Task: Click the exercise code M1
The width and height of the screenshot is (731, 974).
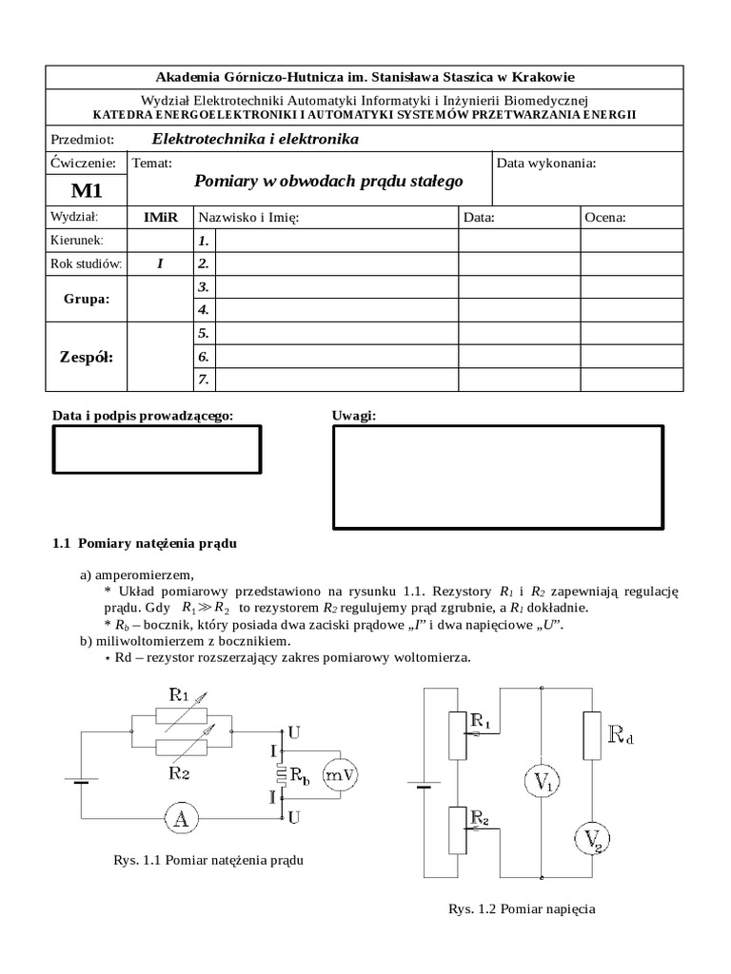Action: pyautogui.click(x=86, y=191)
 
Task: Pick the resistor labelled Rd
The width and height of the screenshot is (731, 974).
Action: pyautogui.click(x=593, y=735)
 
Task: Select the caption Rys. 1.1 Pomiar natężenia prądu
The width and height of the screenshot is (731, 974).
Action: pyautogui.click(x=208, y=860)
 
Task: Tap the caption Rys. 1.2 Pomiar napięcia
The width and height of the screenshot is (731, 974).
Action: pyautogui.click(x=522, y=908)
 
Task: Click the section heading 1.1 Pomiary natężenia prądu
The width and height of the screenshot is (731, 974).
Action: pyautogui.click(x=145, y=544)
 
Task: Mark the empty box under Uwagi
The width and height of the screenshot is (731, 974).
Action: pyautogui.click(x=497, y=477)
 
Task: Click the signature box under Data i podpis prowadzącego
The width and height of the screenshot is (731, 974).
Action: pyautogui.click(x=156, y=449)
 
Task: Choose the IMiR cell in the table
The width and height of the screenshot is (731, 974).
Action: pyautogui.click(x=160, y=218)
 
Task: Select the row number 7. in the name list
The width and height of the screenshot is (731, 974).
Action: pyautogui.click(x=203, y=380)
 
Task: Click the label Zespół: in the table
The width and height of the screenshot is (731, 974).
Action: pyautogui.click(x=86, y=358)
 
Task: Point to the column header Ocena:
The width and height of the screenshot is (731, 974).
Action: pyautogui.click(x=605, y=218)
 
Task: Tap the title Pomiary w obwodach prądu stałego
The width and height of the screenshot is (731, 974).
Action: pyautogui.click(x=328, y=181)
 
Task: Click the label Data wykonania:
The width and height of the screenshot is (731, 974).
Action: pyautogui.click(x=546, y=163)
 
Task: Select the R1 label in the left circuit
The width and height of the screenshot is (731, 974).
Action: pyautogui.click(x=179, y=694)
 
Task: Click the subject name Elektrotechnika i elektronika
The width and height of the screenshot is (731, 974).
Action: pyautogui.click(x=262, y=139)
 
